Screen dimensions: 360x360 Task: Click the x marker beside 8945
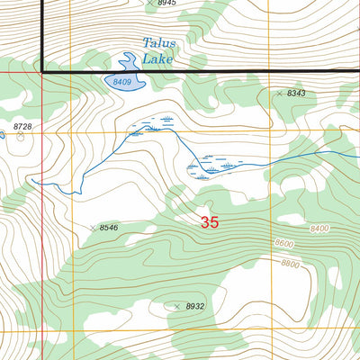(149, 4)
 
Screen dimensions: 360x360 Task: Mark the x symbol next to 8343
(279, 94)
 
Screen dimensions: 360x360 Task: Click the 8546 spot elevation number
(109, 229)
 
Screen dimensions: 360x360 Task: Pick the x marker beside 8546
(93, 229)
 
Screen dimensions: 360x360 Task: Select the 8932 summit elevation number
(195, 307)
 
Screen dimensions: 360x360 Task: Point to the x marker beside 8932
(177, 307)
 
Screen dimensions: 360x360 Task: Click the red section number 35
(210, 221)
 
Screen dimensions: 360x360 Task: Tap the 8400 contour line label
(318, 229)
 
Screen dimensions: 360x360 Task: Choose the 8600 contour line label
(283, 244)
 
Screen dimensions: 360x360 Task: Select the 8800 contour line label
(290, 264)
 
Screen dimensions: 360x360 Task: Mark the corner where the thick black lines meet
(42, 69)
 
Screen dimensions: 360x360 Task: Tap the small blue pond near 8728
(2, 136)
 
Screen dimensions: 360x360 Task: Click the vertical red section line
(41, 225)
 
